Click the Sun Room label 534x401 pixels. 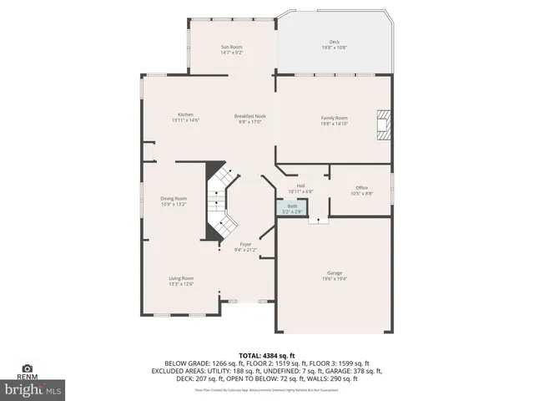point(231,46)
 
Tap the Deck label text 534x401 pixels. point(334,42)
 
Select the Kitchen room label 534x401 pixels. point(185,114)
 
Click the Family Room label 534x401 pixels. point(334,118)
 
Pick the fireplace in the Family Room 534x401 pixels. point(384,124)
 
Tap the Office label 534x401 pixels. point(361,187)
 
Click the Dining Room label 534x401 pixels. point(174,198)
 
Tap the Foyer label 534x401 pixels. point(246,244)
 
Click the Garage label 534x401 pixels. point(334,273)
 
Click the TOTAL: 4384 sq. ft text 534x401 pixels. point(266,354)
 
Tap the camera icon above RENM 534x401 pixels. point(28,368)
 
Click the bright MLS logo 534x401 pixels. point(33,389)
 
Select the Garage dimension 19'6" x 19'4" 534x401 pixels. point(334,279)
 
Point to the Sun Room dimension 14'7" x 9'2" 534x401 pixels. point(231,53)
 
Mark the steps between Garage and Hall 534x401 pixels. point(318,220)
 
